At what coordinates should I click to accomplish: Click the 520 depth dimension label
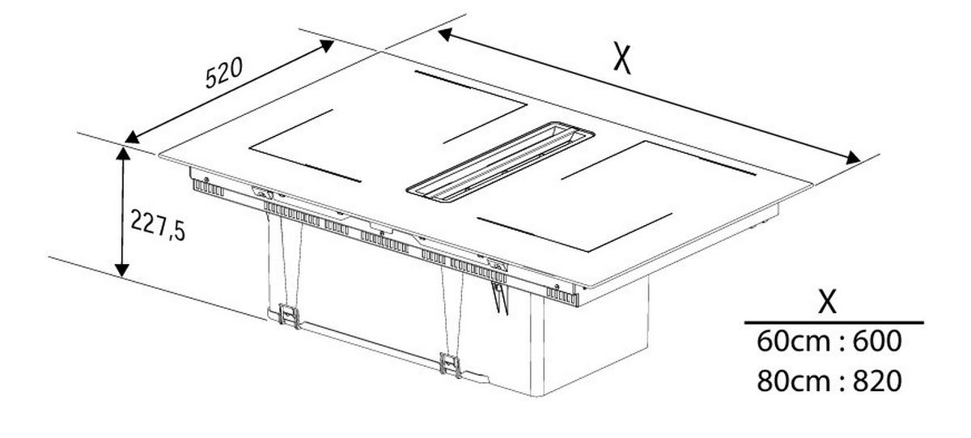(223, 72)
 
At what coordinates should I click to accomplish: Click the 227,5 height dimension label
(158, 225)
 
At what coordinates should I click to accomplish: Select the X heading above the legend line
(827, 301)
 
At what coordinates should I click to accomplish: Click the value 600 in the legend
(877, 342)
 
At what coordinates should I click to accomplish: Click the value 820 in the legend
(877, 381)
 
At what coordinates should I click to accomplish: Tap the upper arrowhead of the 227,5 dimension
(123, 153)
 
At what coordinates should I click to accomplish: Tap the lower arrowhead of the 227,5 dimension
(123, 270)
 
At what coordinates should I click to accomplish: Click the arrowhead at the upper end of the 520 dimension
(327, 45)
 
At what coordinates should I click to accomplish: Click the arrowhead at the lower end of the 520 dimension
(132, 137)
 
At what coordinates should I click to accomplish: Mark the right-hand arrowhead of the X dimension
(853, 159)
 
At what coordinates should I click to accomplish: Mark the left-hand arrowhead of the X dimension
(446, 34)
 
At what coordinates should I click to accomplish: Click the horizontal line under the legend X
(833, 323)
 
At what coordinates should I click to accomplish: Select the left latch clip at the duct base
(289, 315)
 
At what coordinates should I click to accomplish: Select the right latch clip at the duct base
(451, 365)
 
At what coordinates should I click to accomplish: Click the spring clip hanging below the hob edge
(500, 297)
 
